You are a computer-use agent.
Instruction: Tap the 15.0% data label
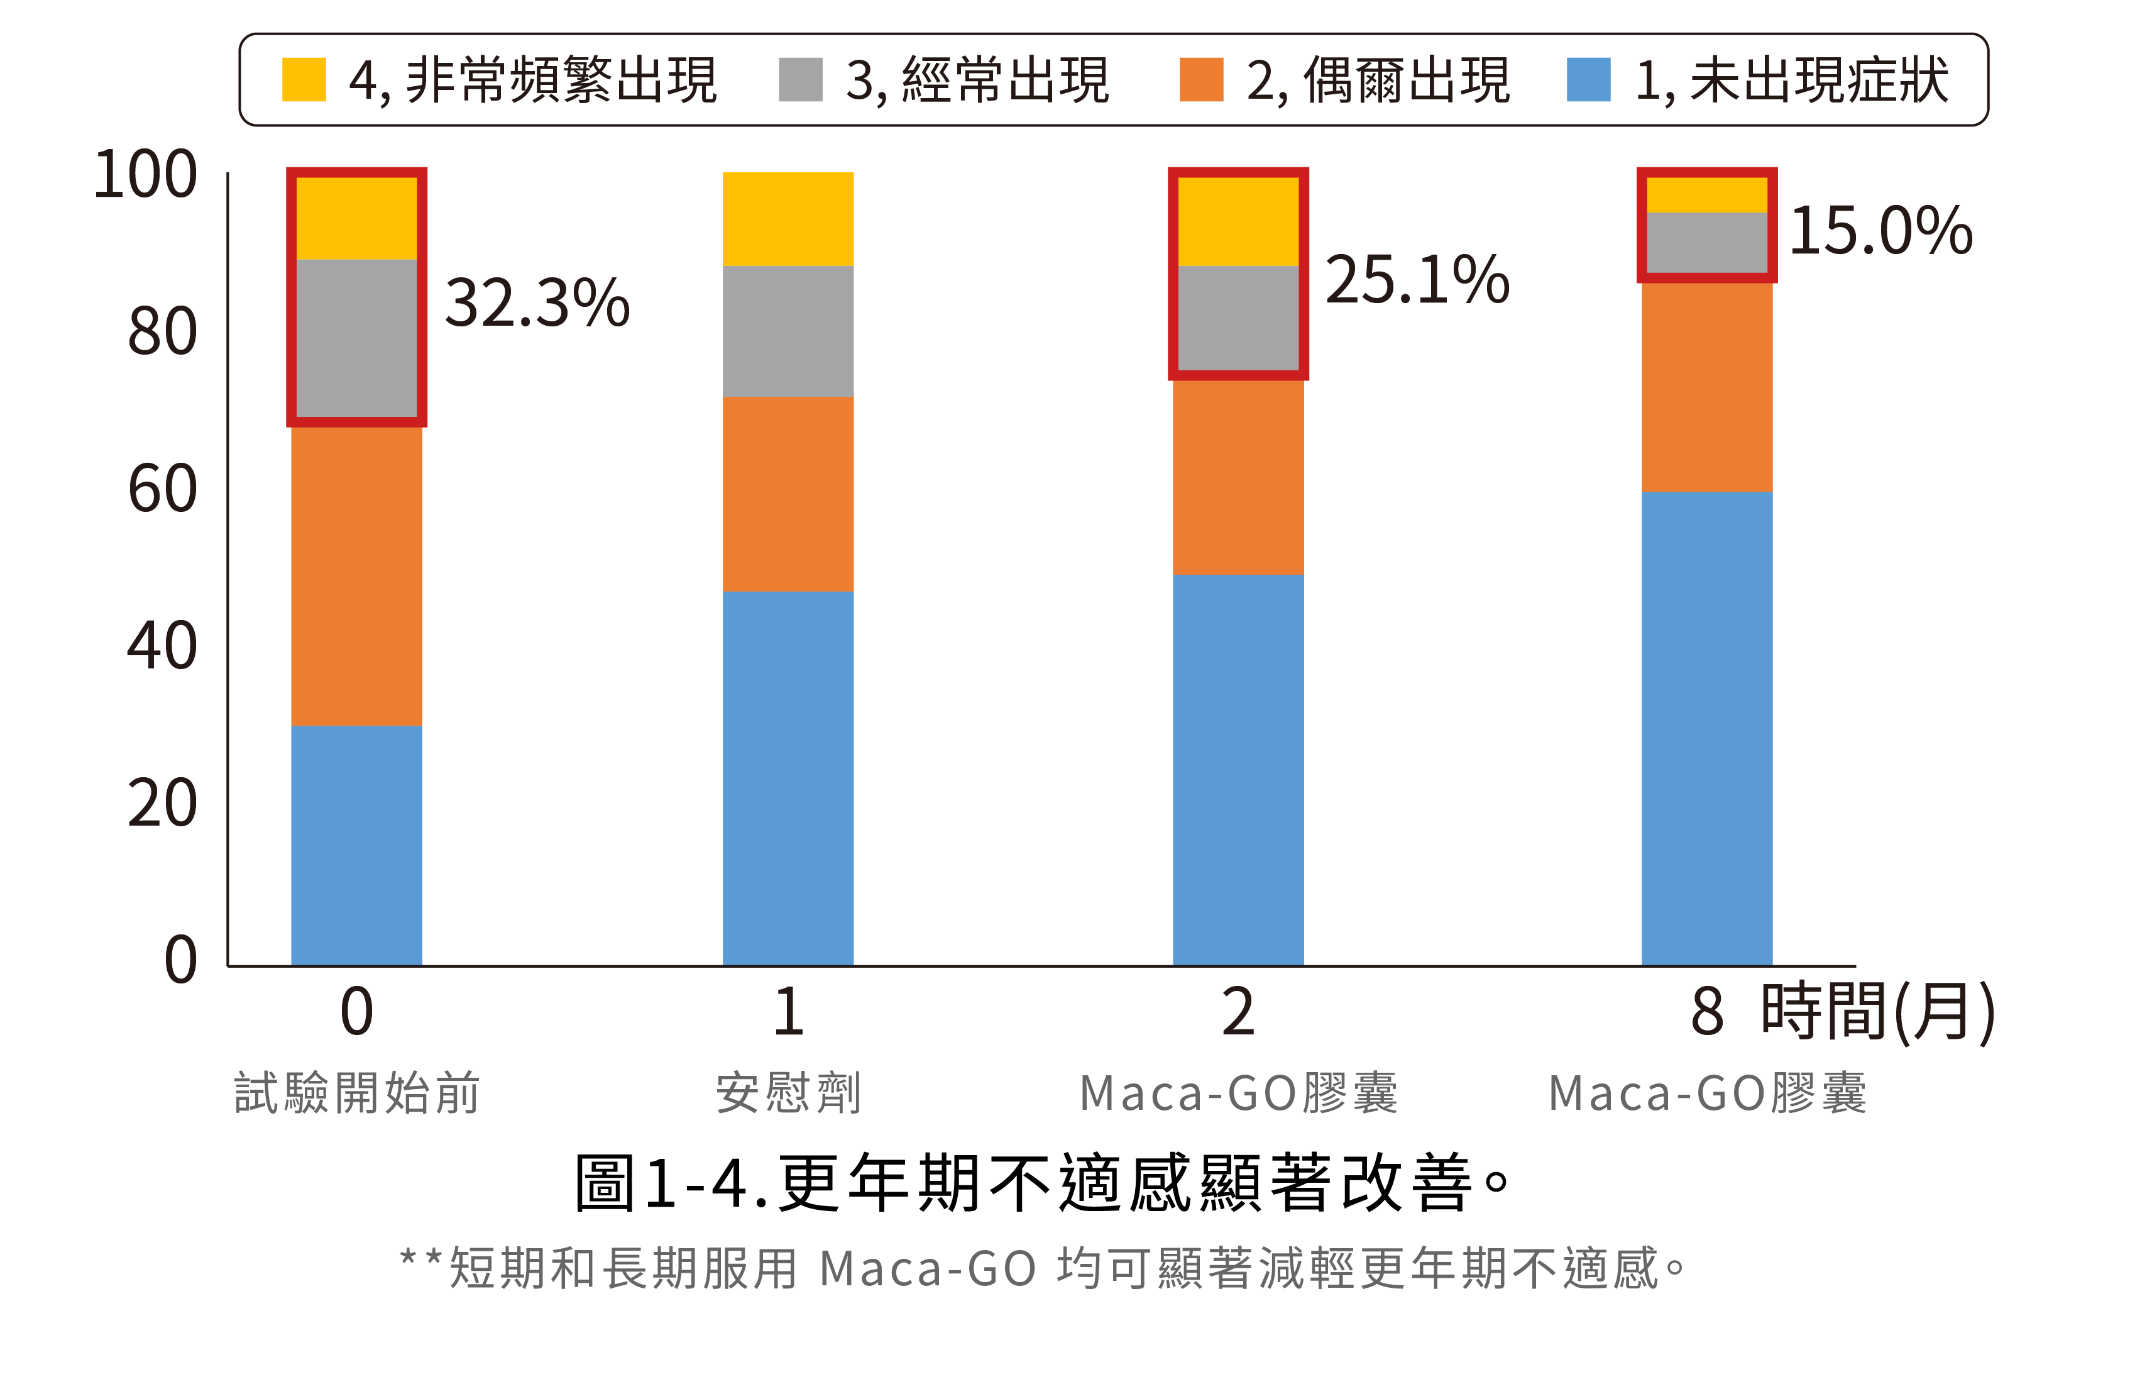click(x=1880, y=230)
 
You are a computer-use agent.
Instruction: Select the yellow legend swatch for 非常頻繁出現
click(x=304, y=80)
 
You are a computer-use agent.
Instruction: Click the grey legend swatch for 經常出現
click(x=800, y=80)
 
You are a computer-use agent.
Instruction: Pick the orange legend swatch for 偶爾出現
click(x=1201, y=80)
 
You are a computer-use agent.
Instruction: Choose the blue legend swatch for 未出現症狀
click(x=1589, y=80)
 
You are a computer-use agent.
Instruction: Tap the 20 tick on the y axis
click(x=162, y=803)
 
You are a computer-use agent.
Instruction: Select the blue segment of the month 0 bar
click(x=356, y=845)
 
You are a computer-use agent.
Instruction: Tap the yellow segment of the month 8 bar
click(x=1706, y=194)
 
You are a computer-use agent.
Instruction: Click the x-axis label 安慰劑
click(x=788, y=1092)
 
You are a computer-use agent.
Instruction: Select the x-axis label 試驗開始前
click(x=356, y=1092)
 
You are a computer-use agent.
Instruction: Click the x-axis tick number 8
click(x=1706, y=1012)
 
